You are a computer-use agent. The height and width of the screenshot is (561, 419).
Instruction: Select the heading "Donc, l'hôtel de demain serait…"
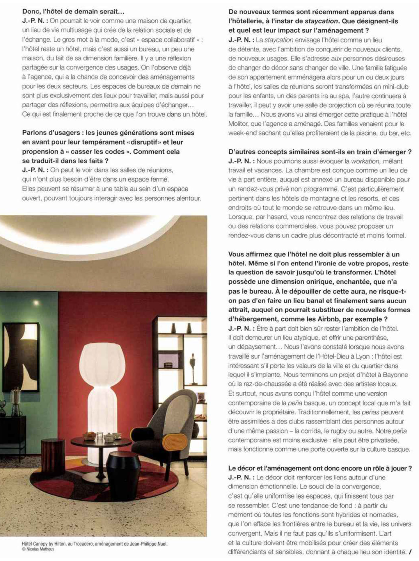[x=73, y=12]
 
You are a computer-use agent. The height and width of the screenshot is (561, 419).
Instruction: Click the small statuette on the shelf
[x=192, y=368]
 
